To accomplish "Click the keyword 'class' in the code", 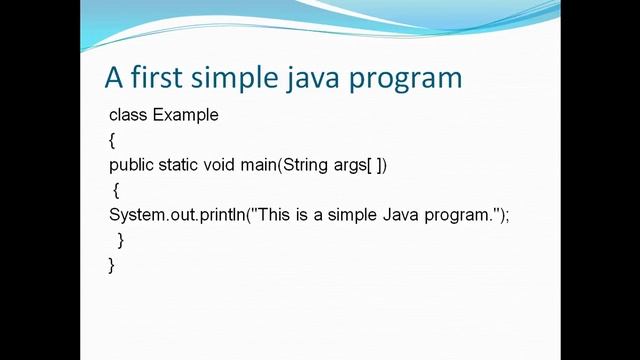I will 128,115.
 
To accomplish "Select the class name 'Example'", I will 185,115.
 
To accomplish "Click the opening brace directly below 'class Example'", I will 112,140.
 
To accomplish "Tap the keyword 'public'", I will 132,165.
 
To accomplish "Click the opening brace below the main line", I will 116,190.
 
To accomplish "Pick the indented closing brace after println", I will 120,240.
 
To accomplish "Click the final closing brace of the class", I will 112,265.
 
